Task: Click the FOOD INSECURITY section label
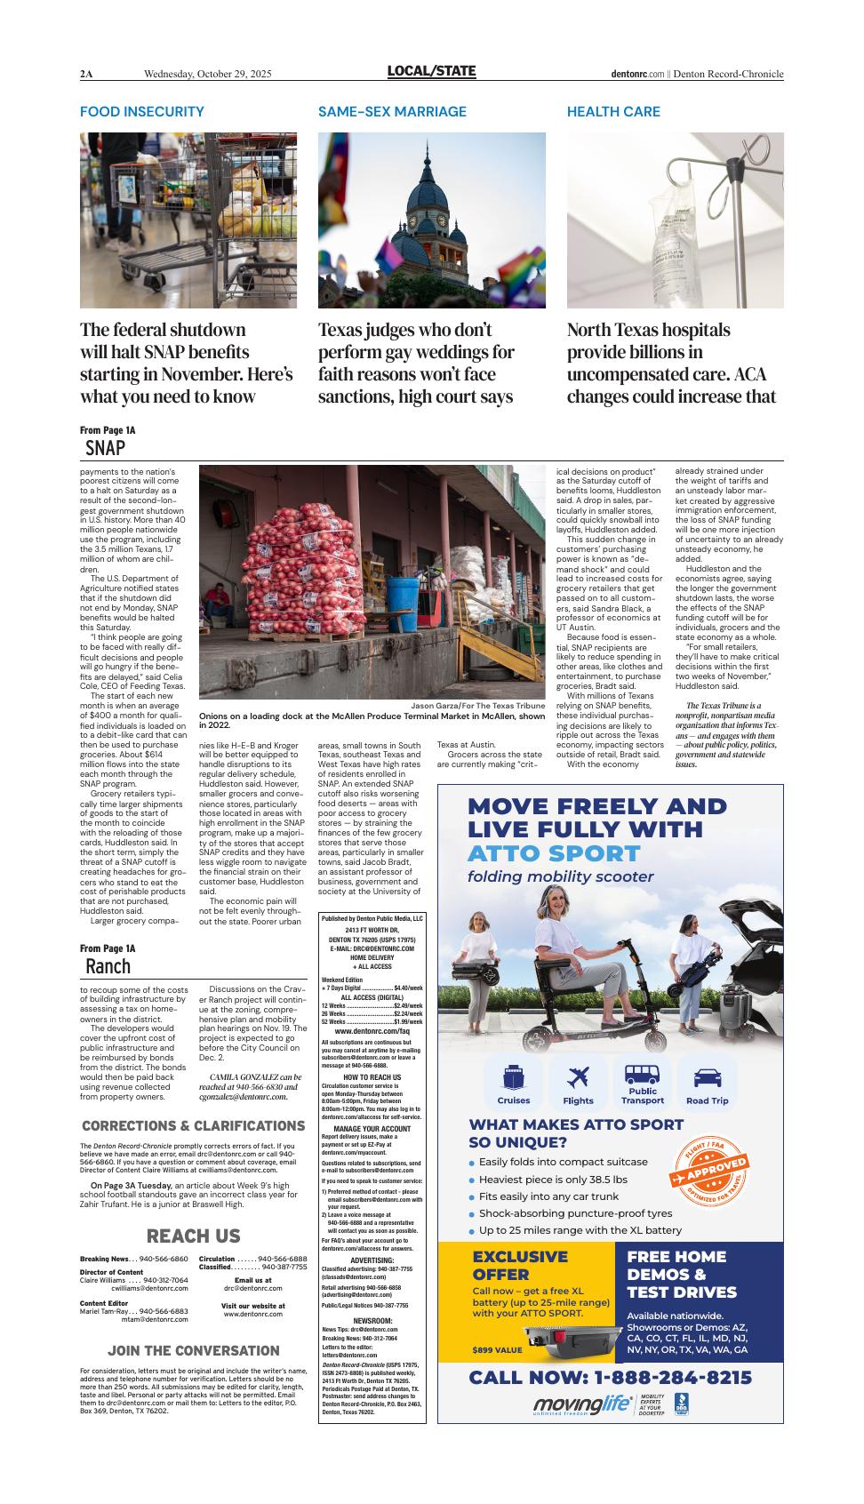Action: (142, 112)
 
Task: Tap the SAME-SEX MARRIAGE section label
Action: (392, 112)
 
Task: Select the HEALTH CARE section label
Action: (613, 112)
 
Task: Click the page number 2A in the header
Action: (86, 74)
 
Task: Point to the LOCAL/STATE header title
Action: (431, 72)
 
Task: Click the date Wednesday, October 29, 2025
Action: (207, 74)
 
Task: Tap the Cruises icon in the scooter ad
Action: (513, 1083)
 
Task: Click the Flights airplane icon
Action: (578, 1083)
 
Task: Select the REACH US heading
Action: (193, 1236)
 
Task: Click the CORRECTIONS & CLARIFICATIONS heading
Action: (193, 1125)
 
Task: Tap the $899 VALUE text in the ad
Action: (497, 1350)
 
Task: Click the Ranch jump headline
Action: (108, 966)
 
